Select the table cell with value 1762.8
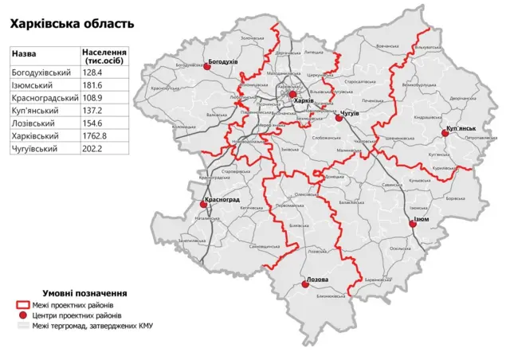(96, 137)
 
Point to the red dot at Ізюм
(413, 225)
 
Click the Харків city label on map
(303, 101)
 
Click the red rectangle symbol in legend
(24, 305)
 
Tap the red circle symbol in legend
(24, 315)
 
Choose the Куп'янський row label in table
(34, 111)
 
